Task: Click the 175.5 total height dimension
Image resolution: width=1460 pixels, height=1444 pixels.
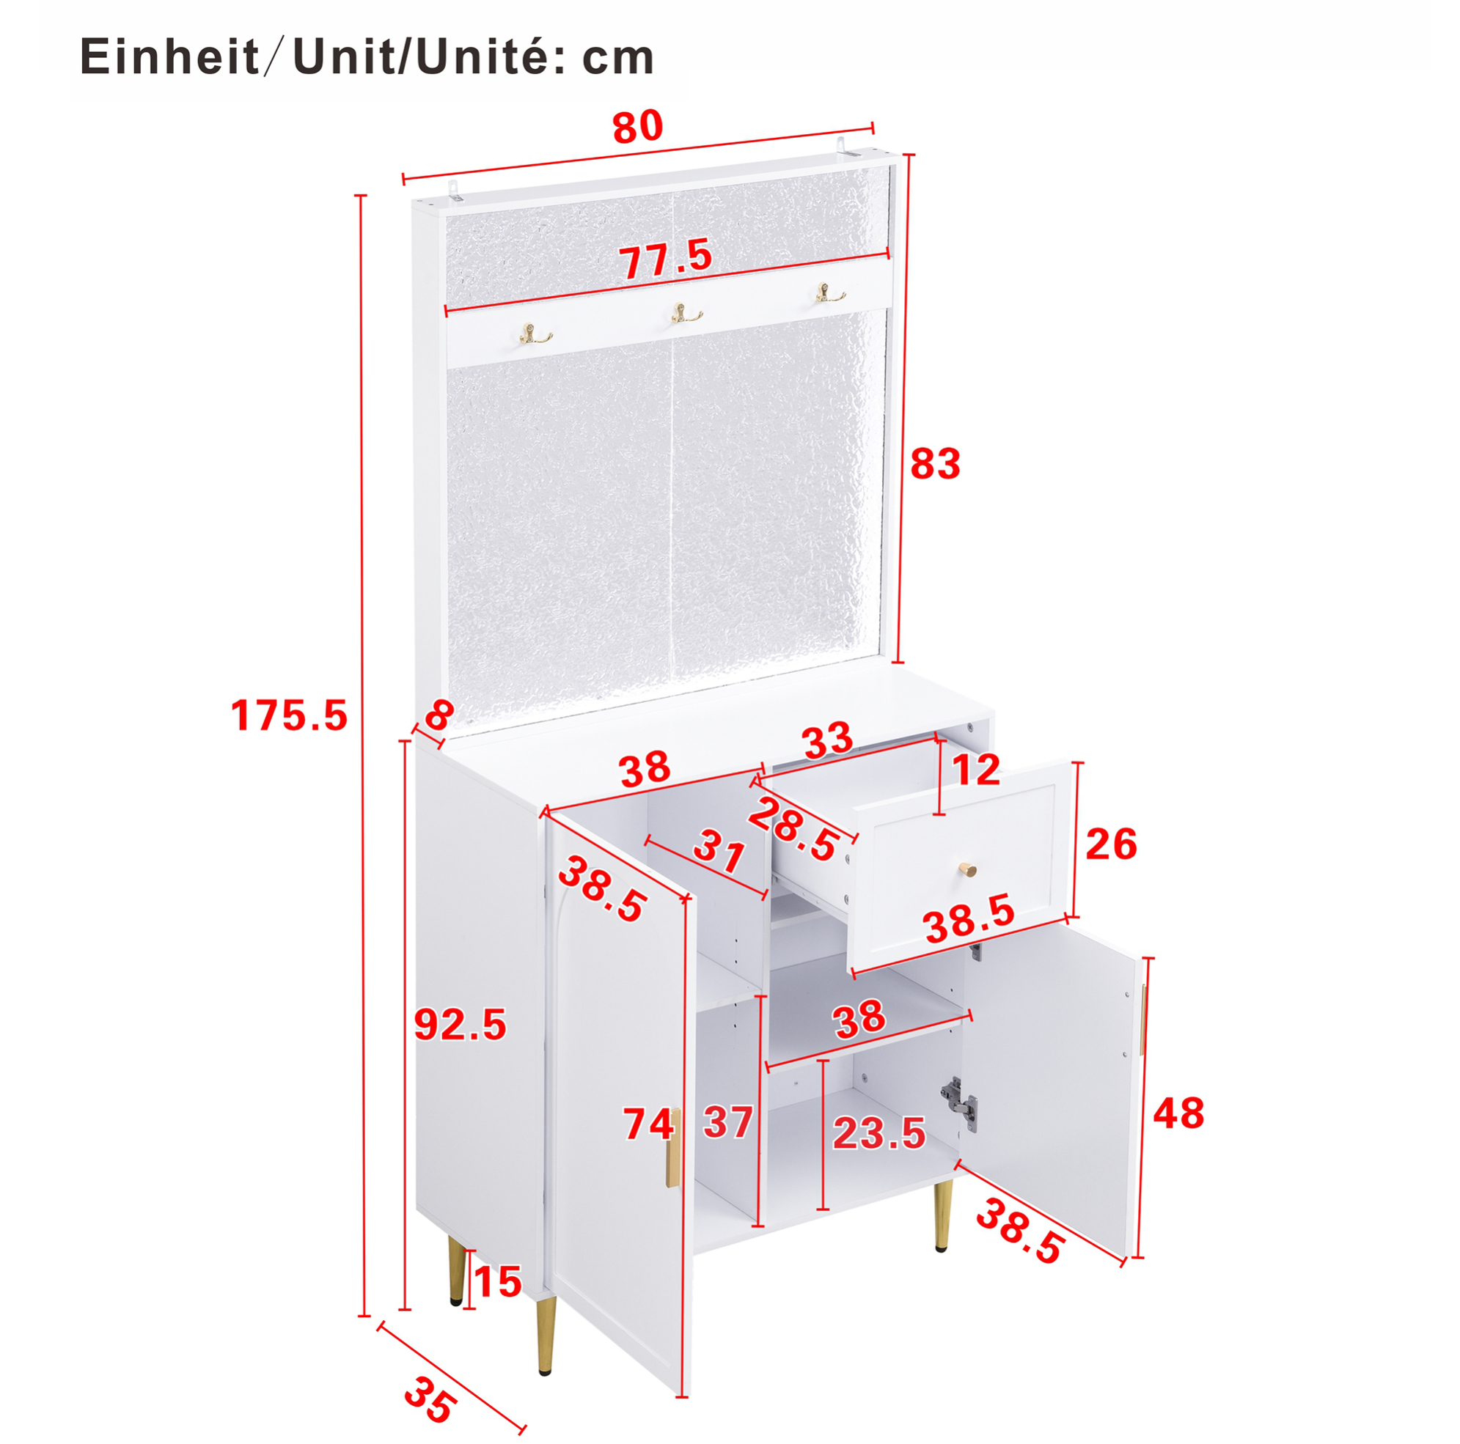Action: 289,715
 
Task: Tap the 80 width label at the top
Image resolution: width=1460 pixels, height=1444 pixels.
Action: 638,127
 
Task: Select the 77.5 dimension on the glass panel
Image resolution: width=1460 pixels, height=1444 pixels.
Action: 666,258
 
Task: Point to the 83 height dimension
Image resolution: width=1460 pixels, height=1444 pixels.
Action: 935,464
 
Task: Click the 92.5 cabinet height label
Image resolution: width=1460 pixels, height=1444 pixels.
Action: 461,1025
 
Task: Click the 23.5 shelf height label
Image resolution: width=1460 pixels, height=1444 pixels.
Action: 879,1133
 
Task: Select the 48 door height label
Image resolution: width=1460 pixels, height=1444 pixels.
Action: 1178,1113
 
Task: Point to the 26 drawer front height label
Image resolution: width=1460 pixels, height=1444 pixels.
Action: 1111,844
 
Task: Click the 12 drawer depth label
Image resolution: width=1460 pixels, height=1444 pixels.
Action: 975,770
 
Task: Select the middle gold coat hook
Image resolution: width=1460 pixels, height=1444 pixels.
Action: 687,313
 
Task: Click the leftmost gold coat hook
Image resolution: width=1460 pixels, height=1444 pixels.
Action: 535,333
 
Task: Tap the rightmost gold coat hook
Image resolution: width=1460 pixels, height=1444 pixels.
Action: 830,293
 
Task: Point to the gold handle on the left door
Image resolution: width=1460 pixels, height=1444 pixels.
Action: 672,1148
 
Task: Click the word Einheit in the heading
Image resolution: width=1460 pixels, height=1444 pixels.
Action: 169,57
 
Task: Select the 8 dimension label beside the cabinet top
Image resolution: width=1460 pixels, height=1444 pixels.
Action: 439,714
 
